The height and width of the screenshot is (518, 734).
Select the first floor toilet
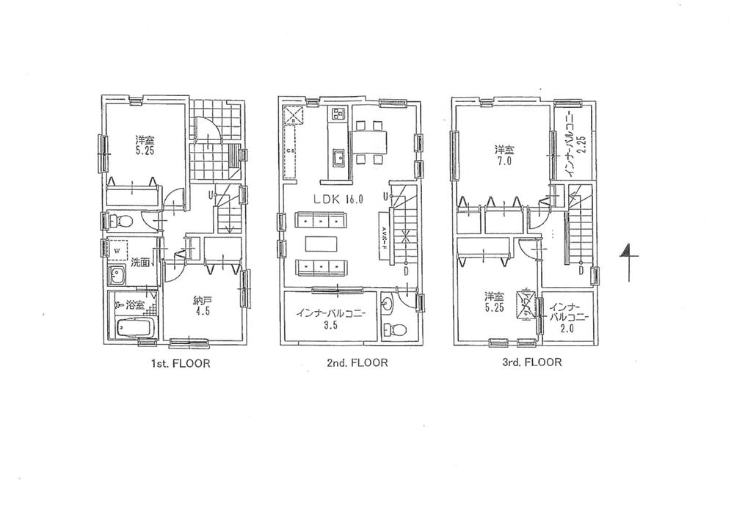[x=122, y=220]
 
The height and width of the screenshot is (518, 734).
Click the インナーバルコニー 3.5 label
[x=330, y=318]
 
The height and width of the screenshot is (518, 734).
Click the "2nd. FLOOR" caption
[x=350, y=362]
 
